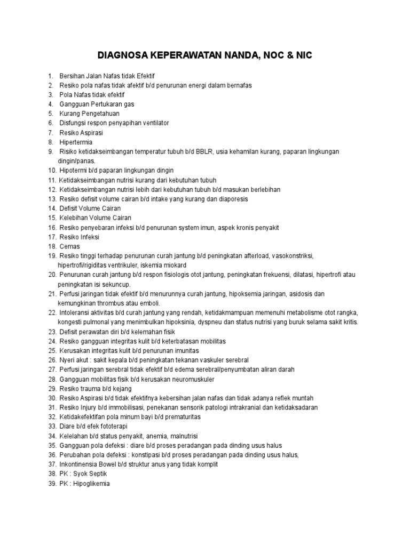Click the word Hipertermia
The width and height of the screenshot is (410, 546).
click(x=76, y=142)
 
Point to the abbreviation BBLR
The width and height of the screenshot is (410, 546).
click(x=204, y=152)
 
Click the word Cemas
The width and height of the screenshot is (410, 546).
click(x=70, y=246)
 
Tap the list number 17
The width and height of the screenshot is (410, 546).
click(x=52, y=237)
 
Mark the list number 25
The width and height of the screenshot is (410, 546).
click(x=52, y=351)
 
